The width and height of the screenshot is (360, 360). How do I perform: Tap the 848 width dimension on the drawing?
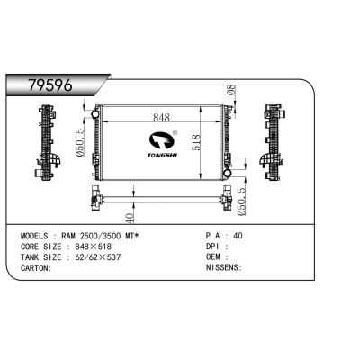point(161,118)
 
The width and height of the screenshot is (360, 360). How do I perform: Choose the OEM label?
point(215,256)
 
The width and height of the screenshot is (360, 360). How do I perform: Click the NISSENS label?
point(222,268)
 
